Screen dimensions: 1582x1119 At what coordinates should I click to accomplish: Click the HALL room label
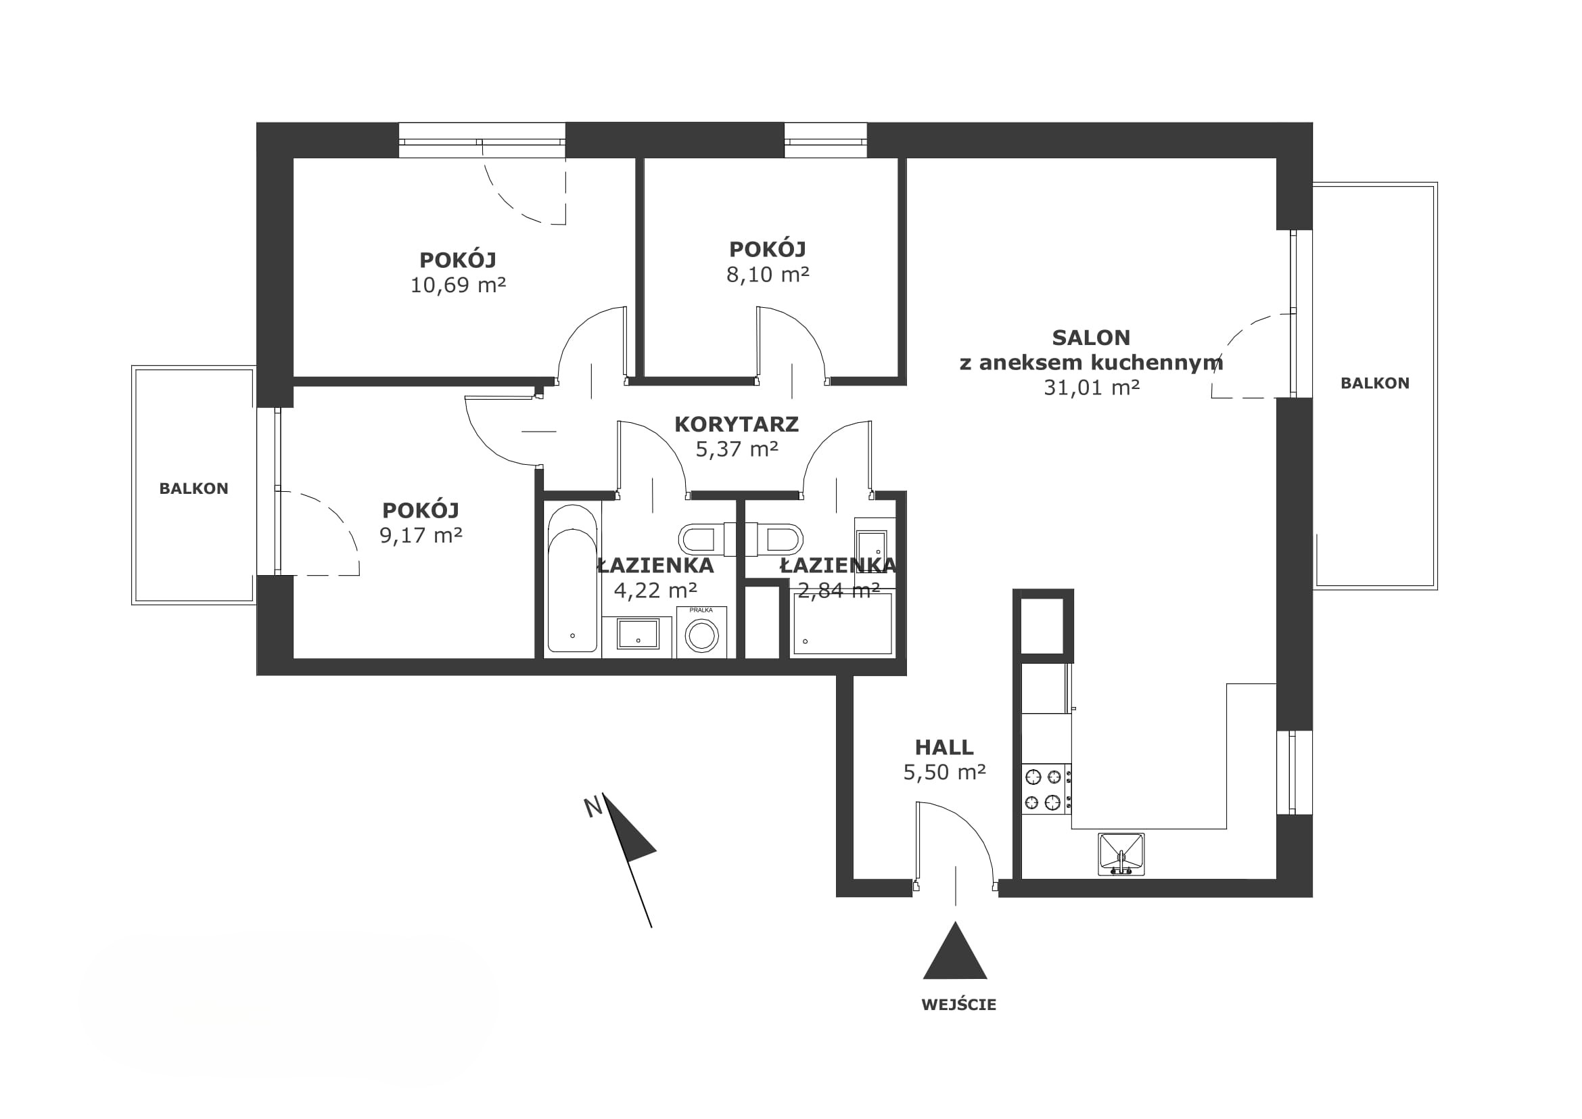point(944,748)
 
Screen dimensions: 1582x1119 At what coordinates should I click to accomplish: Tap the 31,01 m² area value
point(1092,388)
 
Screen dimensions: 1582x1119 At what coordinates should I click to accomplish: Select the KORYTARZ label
point(737,424)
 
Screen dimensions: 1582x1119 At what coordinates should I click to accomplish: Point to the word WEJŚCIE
point(958,1005)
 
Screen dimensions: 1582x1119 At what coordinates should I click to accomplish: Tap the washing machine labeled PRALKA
point(701,633)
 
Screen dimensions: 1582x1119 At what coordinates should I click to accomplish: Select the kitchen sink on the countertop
point(1121,854)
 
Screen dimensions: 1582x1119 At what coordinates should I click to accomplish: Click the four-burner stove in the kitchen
point(1046,790)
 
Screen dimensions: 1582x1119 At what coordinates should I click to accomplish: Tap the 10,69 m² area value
point(458,286)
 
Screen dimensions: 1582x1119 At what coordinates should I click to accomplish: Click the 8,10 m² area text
point(768,275)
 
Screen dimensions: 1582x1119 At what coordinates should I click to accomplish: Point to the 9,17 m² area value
point(421,535)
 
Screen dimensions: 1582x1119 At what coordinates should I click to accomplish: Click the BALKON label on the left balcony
point(193,488)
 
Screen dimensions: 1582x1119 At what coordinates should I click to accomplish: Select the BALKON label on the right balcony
point(1374,383)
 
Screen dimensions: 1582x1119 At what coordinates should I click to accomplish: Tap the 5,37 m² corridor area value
point(737,449)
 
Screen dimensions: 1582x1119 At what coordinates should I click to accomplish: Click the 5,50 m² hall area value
point(944,773)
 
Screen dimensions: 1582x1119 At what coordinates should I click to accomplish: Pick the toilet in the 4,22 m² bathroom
point(702,539)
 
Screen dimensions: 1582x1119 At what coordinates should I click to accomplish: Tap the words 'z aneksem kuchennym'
point(1092,363)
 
